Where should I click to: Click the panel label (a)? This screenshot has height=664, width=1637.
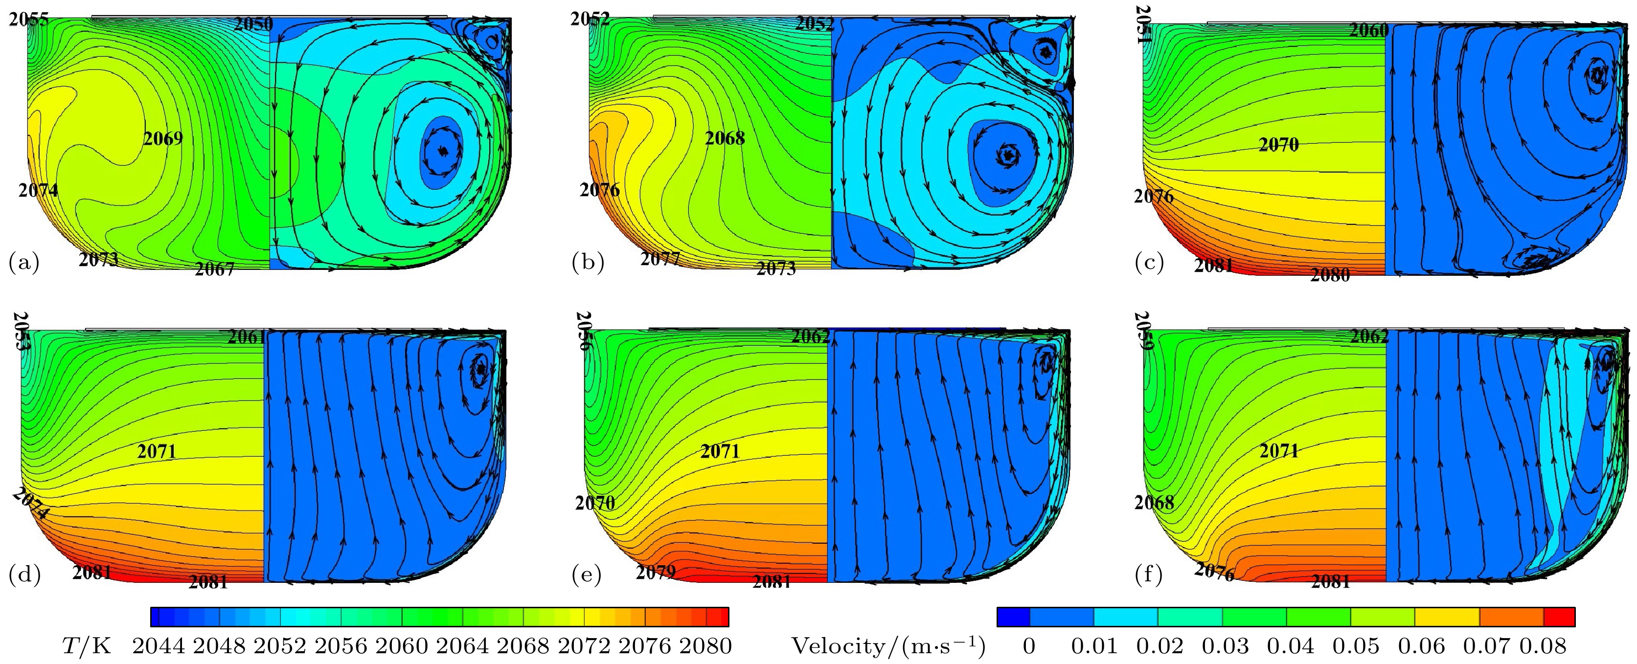tap(24, 262)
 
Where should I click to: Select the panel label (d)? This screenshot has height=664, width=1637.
tap(24, 575)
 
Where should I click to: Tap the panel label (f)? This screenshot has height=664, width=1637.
tap(1149, 575)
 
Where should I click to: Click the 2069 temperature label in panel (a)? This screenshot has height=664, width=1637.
tap(163, 138)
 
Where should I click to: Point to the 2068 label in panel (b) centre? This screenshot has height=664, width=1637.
tap(725, 138)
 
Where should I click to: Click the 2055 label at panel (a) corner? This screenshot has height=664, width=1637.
tap(28, 20)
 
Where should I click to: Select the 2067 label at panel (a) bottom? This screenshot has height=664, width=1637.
tap(215, 269)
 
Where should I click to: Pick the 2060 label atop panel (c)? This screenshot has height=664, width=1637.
tap(1369, 30)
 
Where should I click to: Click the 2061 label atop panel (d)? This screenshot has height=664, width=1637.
tap(247, 337)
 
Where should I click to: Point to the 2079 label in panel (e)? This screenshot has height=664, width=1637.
tap(656, 572)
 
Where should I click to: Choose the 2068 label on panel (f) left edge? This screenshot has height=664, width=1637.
tap(1154, 503)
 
